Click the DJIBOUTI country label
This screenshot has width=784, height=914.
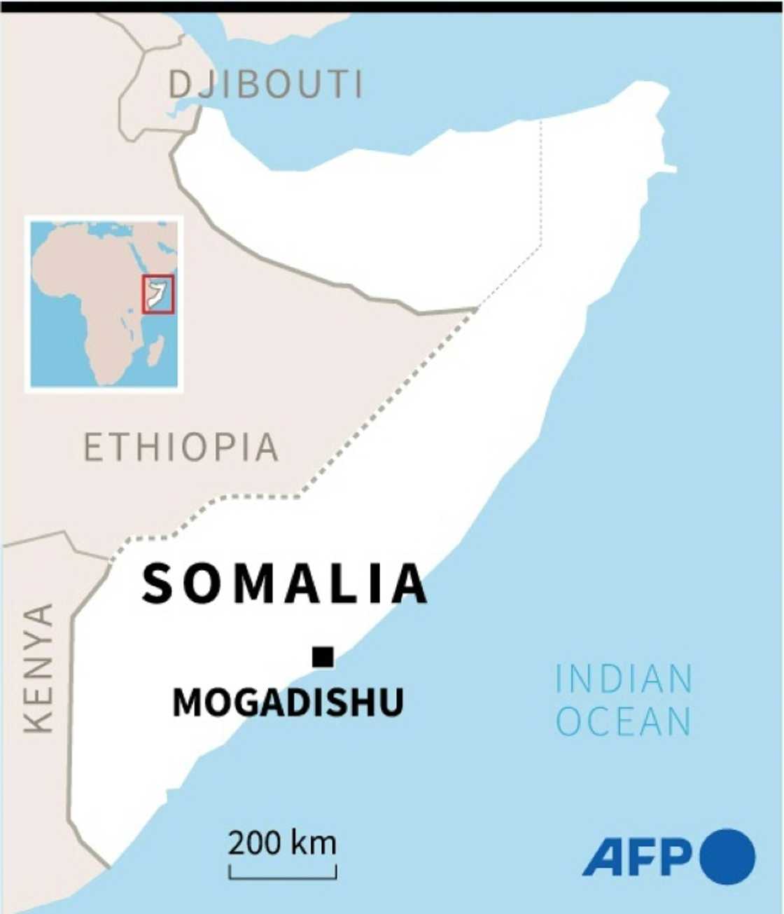266,85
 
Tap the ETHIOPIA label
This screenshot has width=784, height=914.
181,447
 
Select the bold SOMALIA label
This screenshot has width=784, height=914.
284,584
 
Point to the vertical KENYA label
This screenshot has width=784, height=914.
38,668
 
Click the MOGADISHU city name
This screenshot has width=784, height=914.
288,702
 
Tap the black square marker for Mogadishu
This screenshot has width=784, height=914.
323,657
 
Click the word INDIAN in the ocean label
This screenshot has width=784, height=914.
624,679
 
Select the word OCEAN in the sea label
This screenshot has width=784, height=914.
624,722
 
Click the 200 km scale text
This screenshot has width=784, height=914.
282,843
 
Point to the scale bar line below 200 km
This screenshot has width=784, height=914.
283,876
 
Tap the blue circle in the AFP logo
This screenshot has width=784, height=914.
727,856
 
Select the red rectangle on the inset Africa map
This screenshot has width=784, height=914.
158,294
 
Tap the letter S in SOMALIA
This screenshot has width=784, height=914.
157,584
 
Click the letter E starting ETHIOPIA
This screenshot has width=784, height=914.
94,447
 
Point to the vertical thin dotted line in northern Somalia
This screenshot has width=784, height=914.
541,182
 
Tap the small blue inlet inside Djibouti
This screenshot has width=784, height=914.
179,111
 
